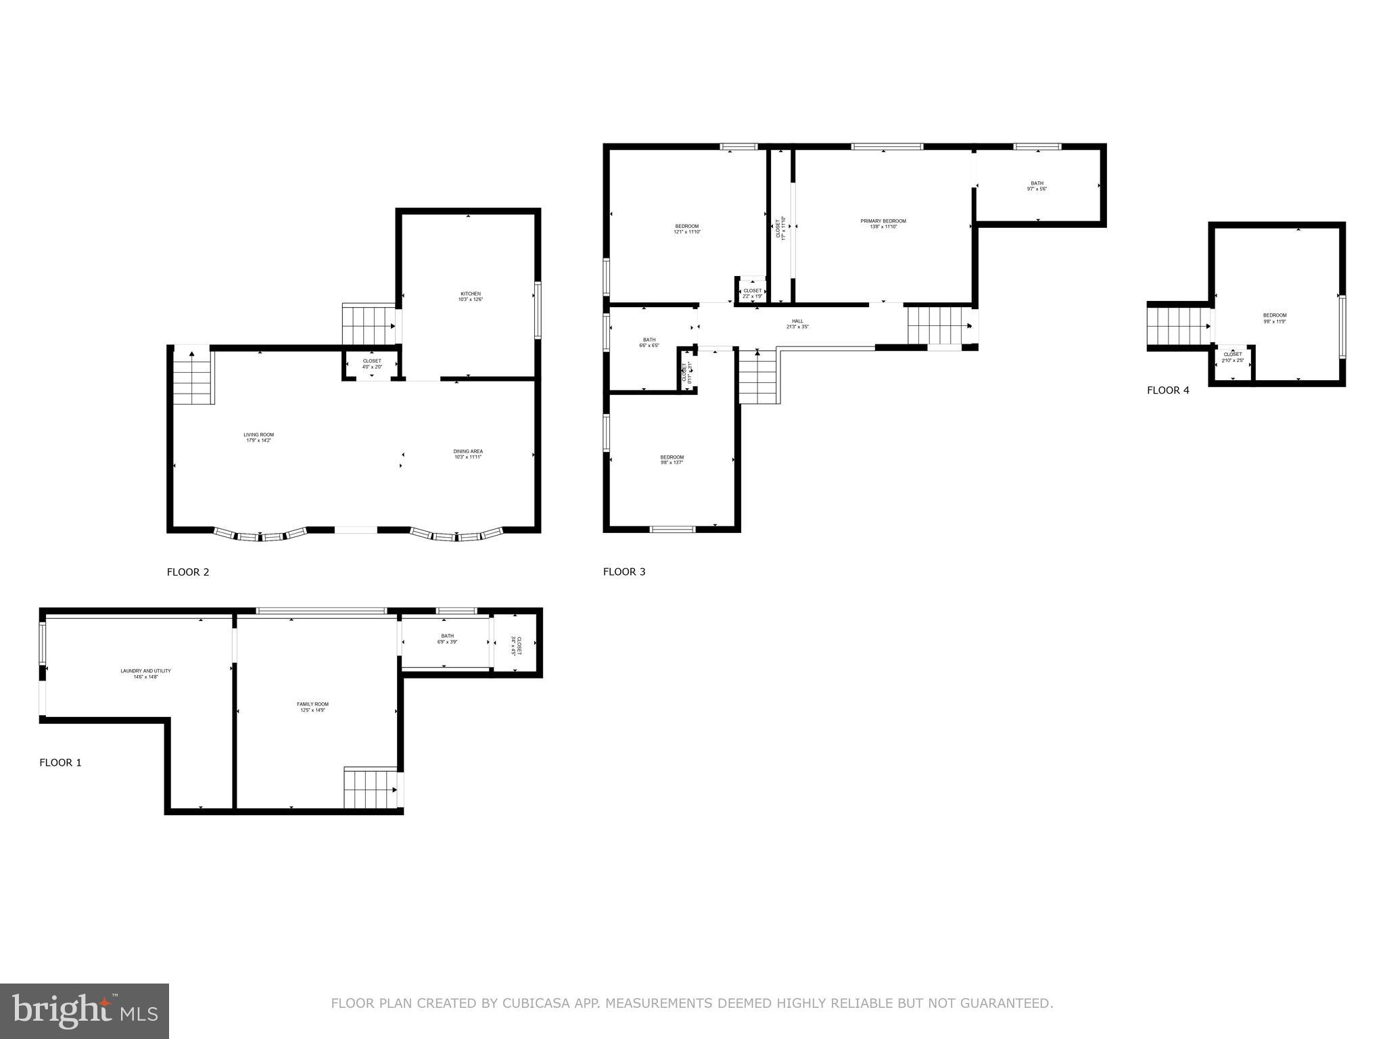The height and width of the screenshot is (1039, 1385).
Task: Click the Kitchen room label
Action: (471, 296)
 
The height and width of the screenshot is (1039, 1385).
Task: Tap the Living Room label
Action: (259, 438)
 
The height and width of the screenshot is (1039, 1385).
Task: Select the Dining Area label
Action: (468, 454)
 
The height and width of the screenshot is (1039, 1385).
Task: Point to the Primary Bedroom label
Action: (883, 224)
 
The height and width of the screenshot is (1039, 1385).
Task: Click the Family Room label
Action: (312, 707)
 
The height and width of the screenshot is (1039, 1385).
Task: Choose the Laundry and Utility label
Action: (145, 674)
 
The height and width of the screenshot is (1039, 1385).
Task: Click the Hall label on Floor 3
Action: (798, 324)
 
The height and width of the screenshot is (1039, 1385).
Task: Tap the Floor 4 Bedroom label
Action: (1275, 318)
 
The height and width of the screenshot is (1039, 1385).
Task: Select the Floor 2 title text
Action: (188, 572)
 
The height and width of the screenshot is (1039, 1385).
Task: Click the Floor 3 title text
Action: (624, 572)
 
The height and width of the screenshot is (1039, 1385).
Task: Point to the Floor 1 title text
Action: (60, 762)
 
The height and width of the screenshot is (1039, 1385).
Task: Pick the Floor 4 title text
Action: (1168, 390)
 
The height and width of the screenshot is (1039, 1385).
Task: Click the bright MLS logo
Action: (85, 1011)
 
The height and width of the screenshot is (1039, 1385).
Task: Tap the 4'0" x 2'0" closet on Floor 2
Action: (372, 364)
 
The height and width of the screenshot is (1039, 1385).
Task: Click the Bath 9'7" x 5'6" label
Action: (1037, 186)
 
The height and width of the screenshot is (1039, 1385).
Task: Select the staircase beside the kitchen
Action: (369, 325)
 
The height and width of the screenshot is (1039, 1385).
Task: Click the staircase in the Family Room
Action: (371, 789)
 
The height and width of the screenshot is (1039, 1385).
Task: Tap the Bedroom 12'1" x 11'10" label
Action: (686, 229)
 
